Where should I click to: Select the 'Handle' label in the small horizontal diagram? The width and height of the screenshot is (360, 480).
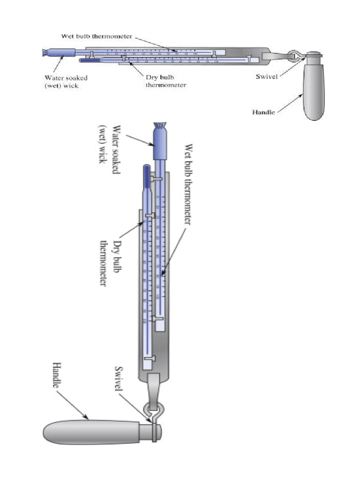point(264,112)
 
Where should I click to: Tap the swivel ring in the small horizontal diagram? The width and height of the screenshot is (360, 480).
point(294,56)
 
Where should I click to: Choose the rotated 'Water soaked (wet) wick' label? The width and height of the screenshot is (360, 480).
point(109,143)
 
